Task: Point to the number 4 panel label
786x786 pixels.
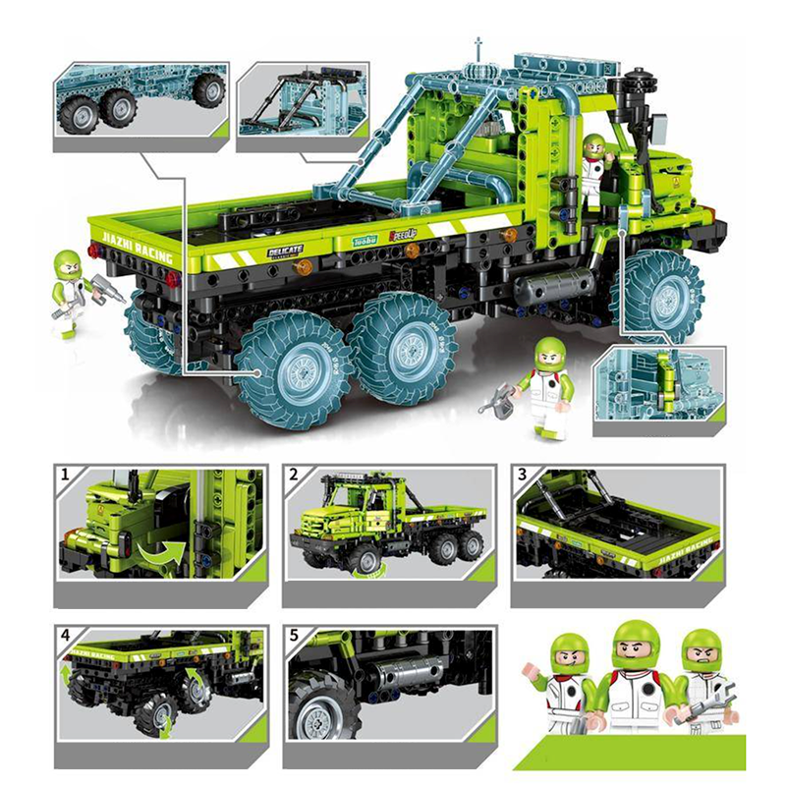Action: (66, 635)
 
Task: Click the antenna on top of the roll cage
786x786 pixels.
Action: (478, 49)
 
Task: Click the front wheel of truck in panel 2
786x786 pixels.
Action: (365, 559)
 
